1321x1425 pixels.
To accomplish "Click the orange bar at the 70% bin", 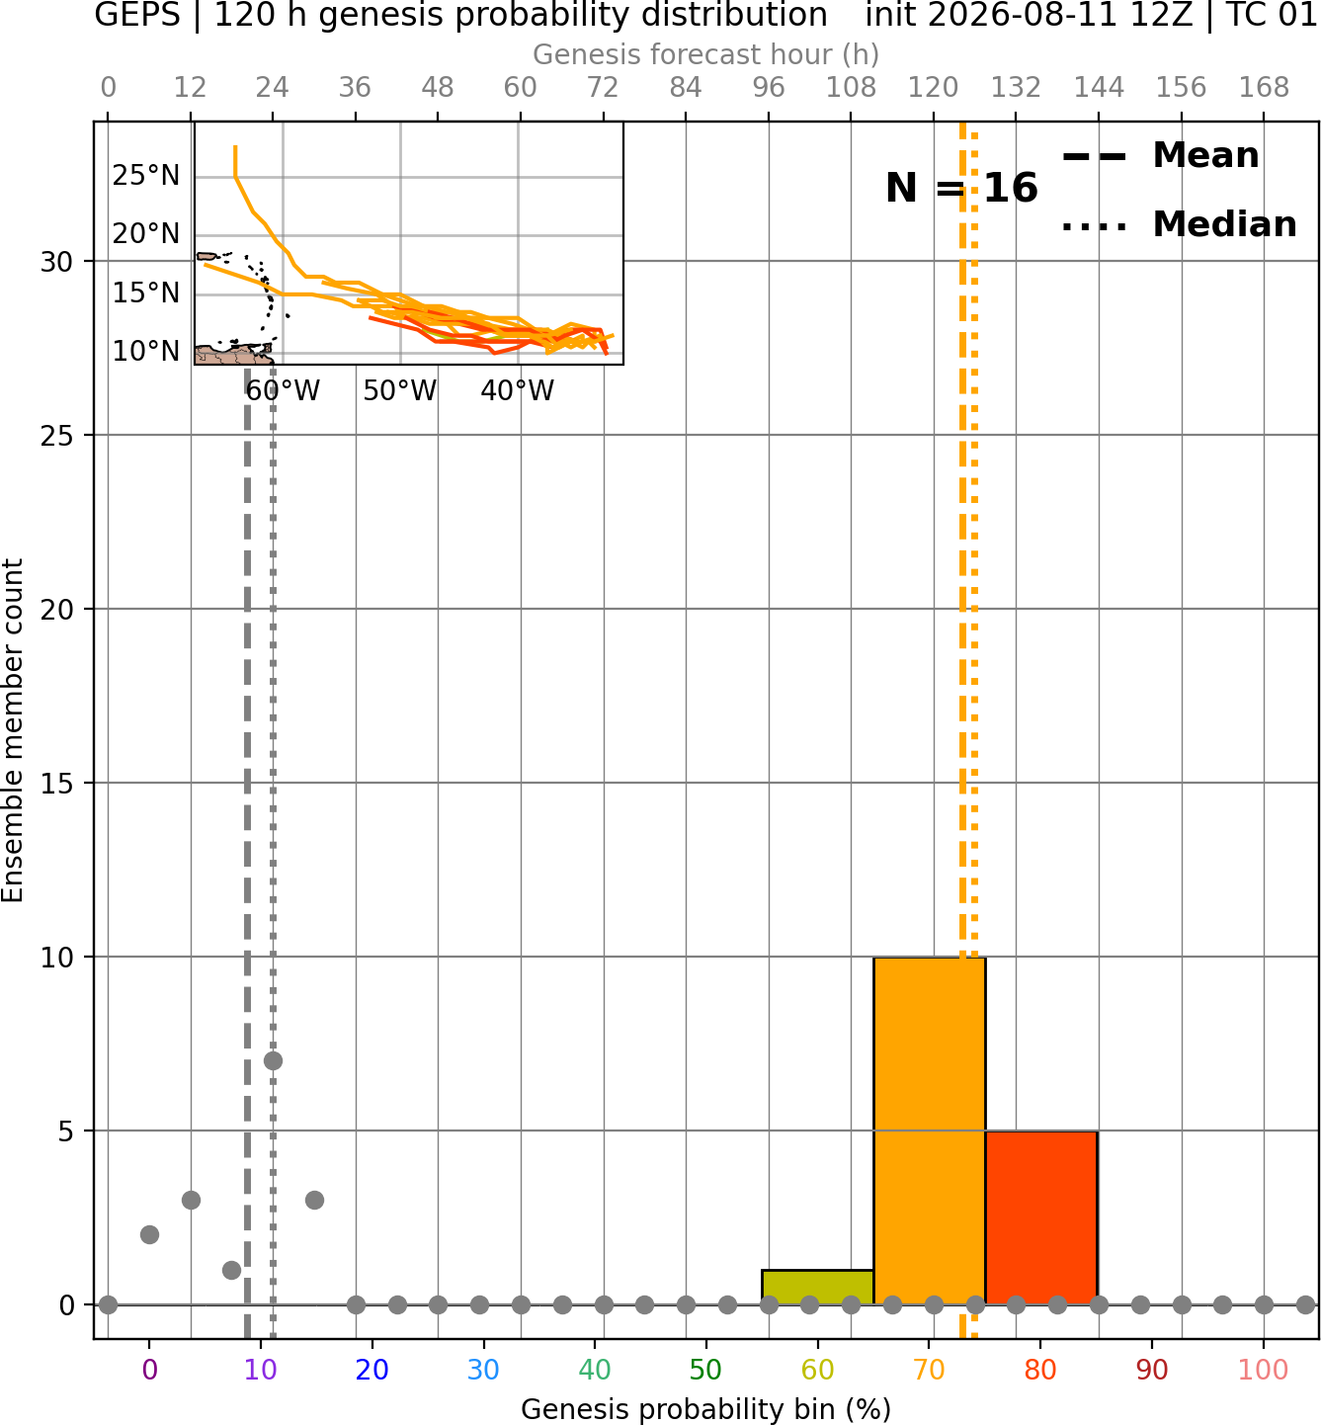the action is [x=929, y=1132].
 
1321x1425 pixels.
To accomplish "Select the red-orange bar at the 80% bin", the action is [x=1041, y=1218].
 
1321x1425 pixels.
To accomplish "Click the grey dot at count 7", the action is [x=273, y=1061].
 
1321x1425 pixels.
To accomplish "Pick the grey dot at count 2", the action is [x=149, y=1235].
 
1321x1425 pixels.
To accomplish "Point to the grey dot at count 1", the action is [x=232, y=1271].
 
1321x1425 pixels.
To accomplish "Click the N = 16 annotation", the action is [x=961, y=188].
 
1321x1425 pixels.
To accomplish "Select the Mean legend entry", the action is [x=1161, y=156].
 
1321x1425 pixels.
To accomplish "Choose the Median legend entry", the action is [x=1179, y=224].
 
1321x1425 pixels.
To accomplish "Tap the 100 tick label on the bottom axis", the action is [x=1263, y=1370].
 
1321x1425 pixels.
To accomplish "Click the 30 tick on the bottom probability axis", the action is [x=483, y=1370].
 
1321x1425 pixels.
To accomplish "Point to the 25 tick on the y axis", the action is [x=56, y=436].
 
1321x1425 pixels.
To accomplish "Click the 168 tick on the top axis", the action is [x=1264, y=88].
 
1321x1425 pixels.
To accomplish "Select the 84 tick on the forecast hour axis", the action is [x=686, y=88].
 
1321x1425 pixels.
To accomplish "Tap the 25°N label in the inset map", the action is [x=145, y=175].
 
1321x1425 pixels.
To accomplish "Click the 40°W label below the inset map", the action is [x=518, y=391].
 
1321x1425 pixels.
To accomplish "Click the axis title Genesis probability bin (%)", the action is [x=706, y=1409].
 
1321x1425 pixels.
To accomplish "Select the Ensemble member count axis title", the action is [x=12, y=730].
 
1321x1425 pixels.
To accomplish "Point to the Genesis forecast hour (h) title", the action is [x=706, y=54].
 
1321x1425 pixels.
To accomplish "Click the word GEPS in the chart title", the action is [x=137, y=15].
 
